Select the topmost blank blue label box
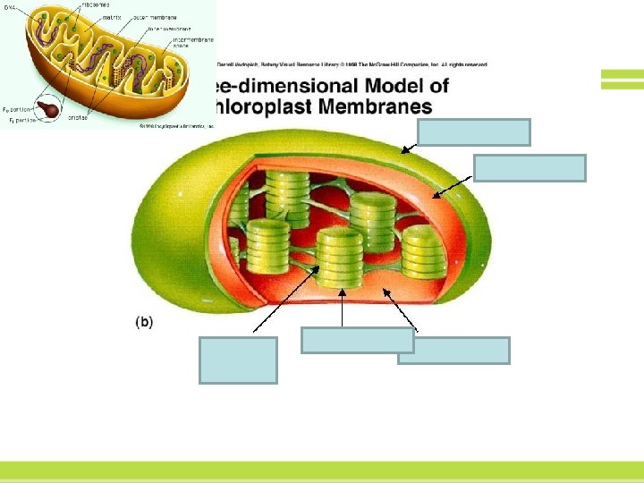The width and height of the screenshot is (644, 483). click(x=474, y=132)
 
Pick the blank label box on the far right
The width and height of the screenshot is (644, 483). click(x=530, y=168)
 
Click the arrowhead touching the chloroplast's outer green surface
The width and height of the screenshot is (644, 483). click(x=404, y=153)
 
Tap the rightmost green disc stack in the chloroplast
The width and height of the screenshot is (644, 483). click(x=423, y=250)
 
